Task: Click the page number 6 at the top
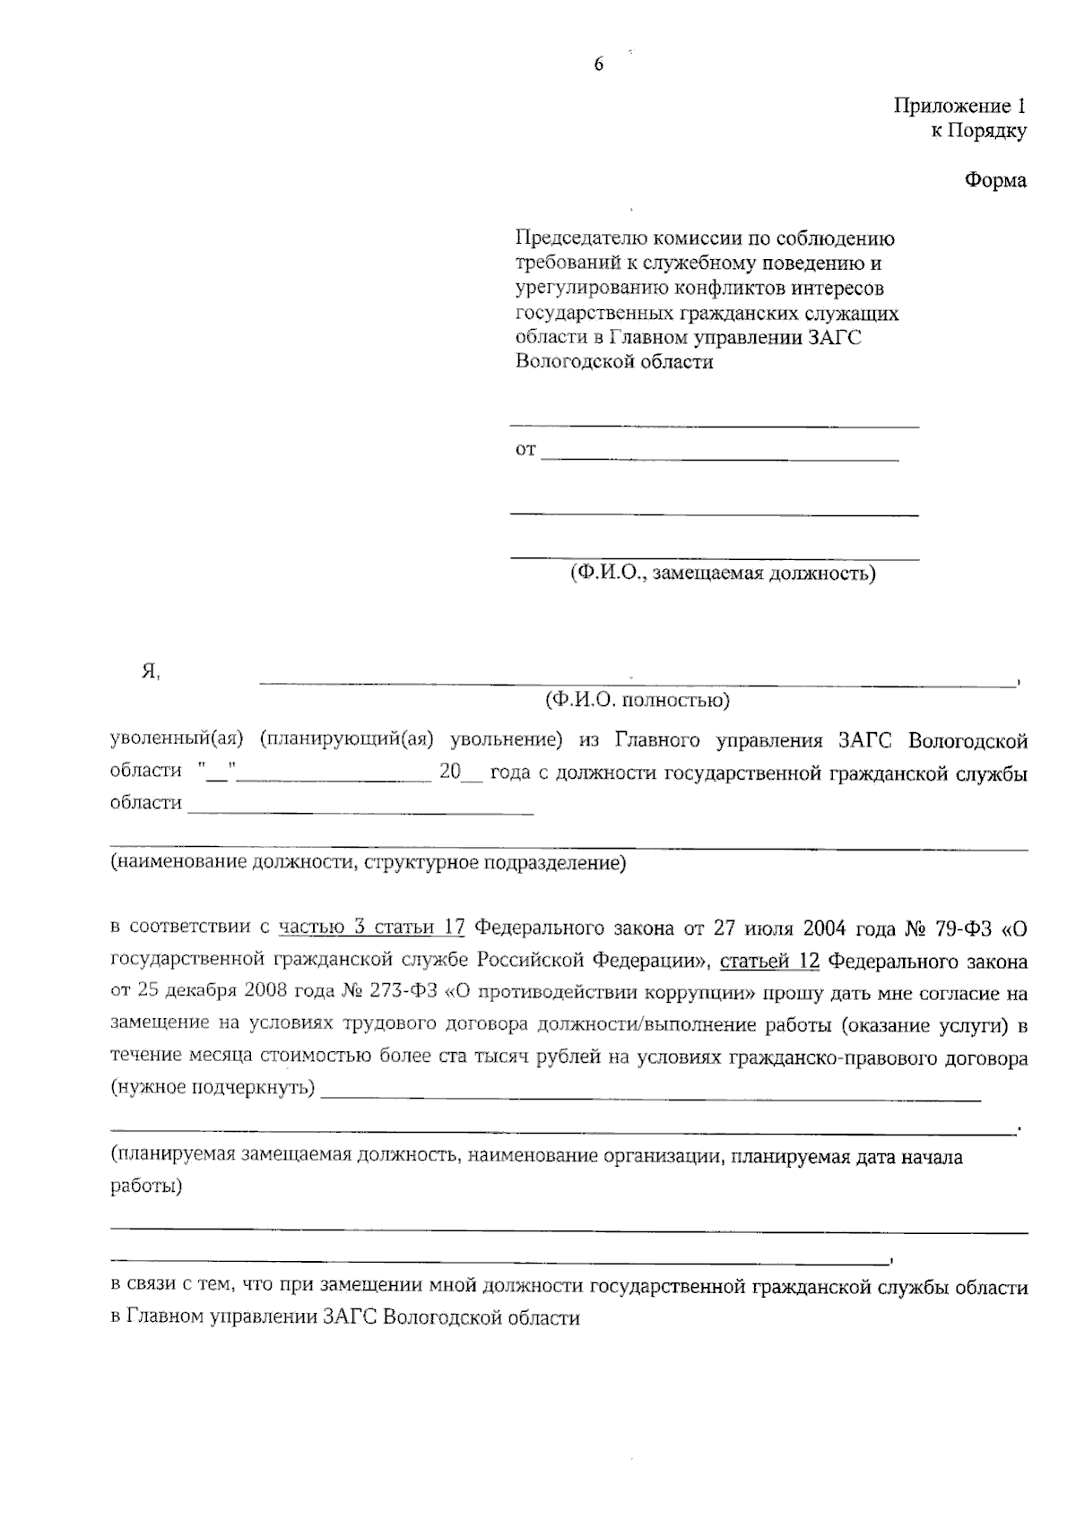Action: tap(599, 64)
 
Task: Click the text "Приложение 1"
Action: tap(959, 106)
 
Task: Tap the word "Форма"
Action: tap(995, 180)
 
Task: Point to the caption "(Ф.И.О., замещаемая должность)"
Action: tap(723, 573)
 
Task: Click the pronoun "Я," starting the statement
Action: tap(151, 672)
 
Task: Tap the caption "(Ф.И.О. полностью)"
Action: tap(637, 699)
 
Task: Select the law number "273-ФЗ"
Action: tap(401, 993)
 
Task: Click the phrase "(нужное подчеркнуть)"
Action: tap(213, 1088)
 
